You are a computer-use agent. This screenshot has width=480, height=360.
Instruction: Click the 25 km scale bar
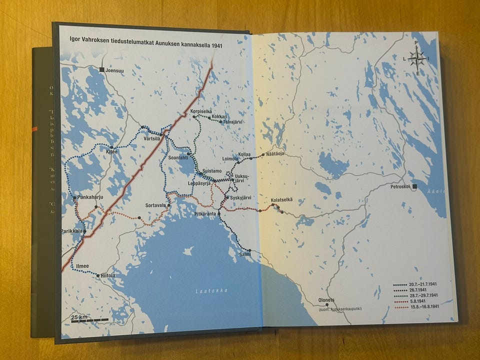click(80, 318)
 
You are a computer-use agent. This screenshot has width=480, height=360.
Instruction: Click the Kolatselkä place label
click(281, 200)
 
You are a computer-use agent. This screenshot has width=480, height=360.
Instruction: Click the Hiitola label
click(108, 275)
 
